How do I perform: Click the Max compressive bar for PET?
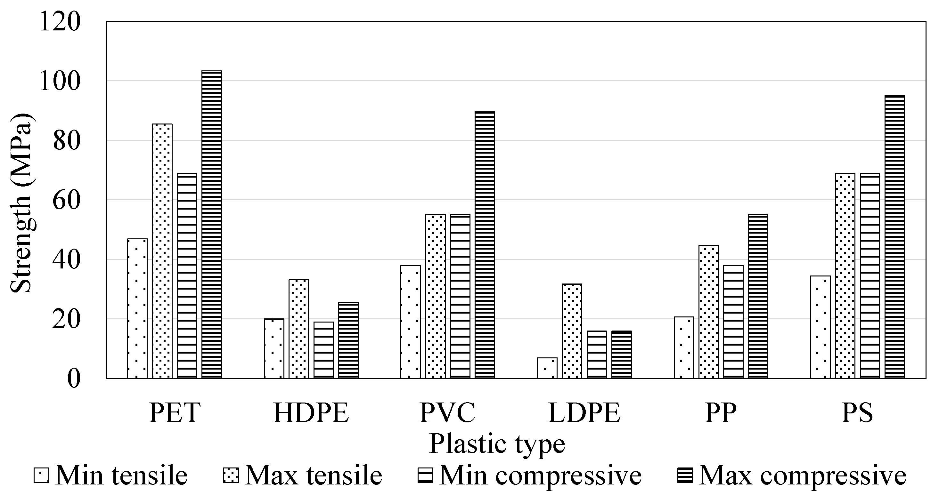(x=211, y=224)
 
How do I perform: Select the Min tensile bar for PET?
(x=137, y=308)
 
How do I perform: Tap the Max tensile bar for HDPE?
(x=298, y=329)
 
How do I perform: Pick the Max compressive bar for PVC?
(x=485, y=245)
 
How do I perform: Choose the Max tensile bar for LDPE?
(x=572, y=331)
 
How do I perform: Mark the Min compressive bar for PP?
(x=733, y=322)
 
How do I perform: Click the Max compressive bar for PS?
(x=895, y=236)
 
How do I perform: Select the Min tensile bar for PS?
(x=821, y=327)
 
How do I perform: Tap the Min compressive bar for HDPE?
(x=323, y=350)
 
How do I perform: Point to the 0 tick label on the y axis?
(x=73, y=379)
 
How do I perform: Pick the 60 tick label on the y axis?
(x=66, y=200)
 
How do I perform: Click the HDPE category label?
(x=311, y=413)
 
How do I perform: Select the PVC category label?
(x=448, y=413)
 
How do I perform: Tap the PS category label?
(x=857, y=413)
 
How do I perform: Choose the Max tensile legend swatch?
(x=231, y=475)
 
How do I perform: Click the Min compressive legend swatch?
(x=425, y=475)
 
